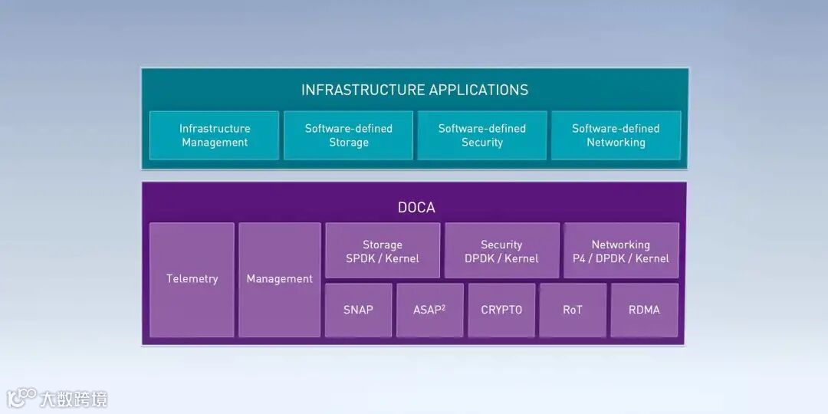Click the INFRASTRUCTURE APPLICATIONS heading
(x=415, y=90)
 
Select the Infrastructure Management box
(x=215, y=136)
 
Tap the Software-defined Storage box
(x=349, y=136)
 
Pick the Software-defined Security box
(x=482, y=136)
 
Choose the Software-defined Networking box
(x=616, y=136)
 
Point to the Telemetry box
(x=192, y=279)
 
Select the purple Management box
(x=280, y=279)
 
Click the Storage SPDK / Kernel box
(x=383, y=251)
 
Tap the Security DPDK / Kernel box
(x=501, y=251)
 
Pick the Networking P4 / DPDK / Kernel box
(x=621, y=251)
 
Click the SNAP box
(x=358, y=310)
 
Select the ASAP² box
(x=429, y=310)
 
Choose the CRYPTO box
(x=501, y=310)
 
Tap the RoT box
(x=573, y=310)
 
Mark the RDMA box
(x=644, y=310)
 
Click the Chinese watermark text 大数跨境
(x=74, y=399)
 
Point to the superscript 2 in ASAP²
(x=443, y=307)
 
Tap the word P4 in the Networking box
(x=580, y=258)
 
